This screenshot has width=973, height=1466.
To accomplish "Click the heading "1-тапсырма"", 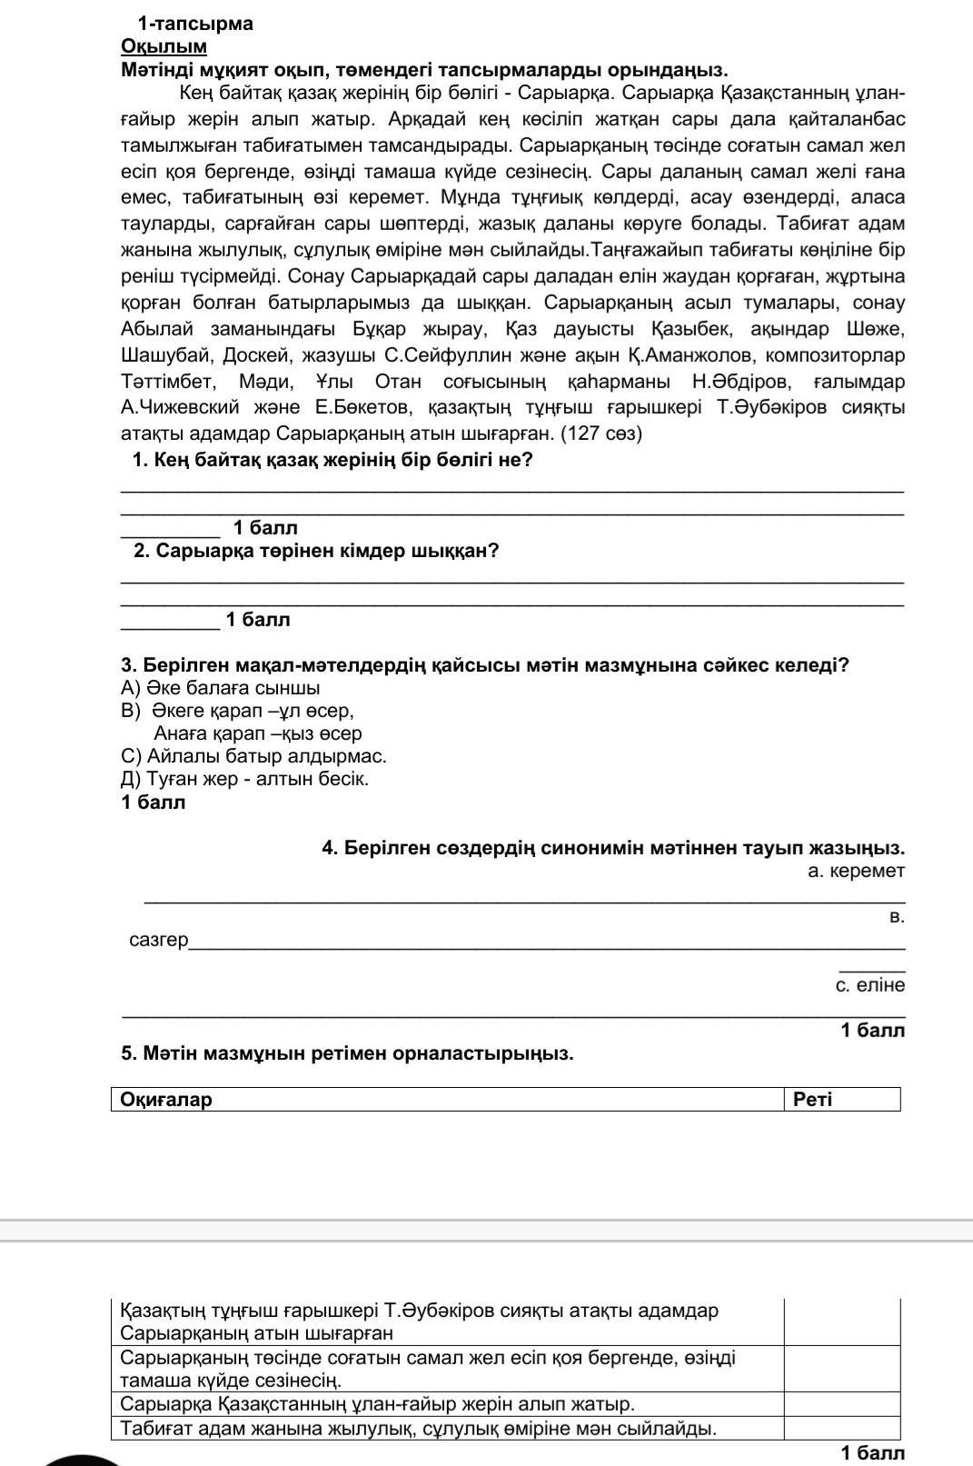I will tap(195, 24).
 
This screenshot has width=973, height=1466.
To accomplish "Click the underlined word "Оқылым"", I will tap(164, 46).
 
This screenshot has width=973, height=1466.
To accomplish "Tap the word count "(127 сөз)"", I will tap(601, 434).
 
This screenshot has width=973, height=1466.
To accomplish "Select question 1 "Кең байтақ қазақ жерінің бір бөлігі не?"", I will tap(332, 460).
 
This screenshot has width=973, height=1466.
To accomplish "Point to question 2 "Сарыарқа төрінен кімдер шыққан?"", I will tap(315, 551).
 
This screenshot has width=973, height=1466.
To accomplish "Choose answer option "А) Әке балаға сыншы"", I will tap(220, 688).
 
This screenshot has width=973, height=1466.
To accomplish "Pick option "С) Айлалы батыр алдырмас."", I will tap(253, 756).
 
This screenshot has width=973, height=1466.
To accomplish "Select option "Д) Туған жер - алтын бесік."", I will tap(244, 779).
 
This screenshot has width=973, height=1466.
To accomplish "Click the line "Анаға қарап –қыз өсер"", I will tap(258, 733).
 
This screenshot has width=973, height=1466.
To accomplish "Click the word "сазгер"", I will tap(159, 940).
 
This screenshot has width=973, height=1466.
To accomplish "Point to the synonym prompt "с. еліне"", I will tap(869, 985).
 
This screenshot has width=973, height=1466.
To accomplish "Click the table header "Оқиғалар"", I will tap(166, 1100).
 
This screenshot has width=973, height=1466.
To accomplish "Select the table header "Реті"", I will tap(812, 1100).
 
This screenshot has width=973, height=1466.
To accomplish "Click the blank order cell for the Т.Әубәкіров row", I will tap(841, 1322).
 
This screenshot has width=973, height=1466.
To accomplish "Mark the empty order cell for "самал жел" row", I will tap(841, 1369).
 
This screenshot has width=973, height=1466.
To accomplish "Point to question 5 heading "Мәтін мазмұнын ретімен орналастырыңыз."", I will tap(347, 1053).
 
